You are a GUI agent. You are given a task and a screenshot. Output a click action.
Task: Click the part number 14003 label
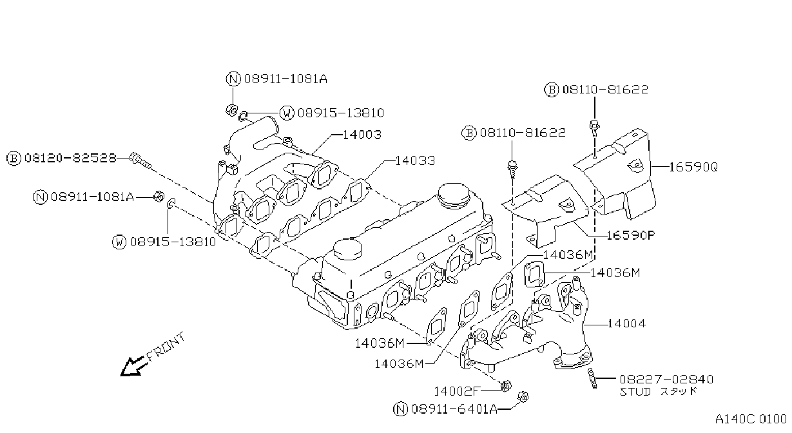tap(362, 135)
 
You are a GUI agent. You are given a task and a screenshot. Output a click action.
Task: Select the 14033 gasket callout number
tap(415, 161)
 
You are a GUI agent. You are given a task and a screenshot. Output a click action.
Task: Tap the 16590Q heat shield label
tap(693, 167)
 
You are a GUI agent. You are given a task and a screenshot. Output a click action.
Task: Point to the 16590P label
tap(631, 235)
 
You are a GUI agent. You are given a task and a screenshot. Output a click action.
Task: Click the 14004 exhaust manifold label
tap(626, 323)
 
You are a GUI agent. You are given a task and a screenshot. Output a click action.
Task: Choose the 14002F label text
tap(457, 391)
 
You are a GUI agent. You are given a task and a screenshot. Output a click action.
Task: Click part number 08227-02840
tap(666, 380)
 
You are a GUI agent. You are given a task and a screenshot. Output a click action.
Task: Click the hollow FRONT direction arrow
tap(133, 366)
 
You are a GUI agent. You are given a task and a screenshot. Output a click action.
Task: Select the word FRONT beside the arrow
tap(165, 347)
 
